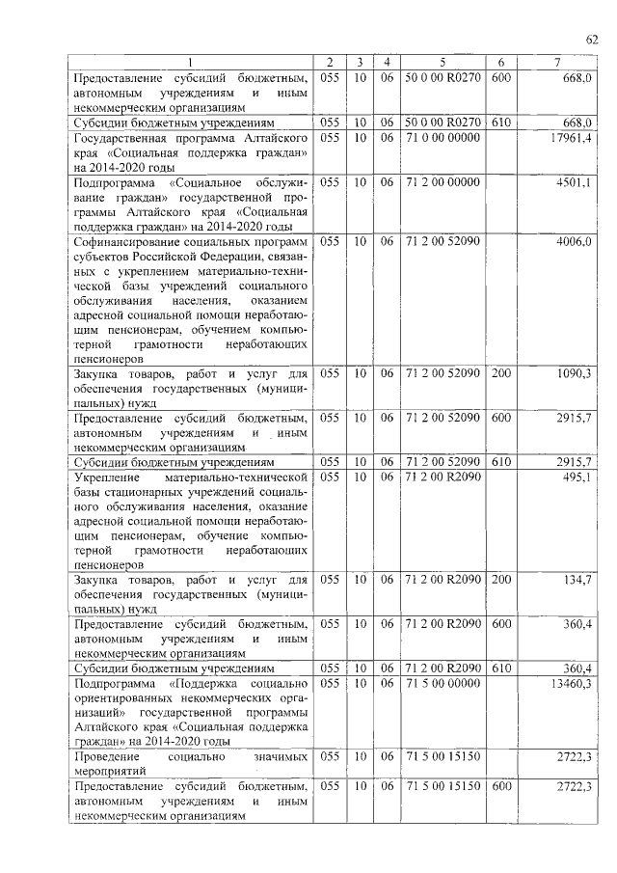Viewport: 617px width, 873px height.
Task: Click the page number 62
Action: click(x=591, y=39)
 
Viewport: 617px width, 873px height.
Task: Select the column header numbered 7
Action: click(x=556, y=64)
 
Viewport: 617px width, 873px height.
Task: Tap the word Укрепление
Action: click(x=106, y=477)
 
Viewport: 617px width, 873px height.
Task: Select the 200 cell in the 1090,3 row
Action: click(x=500, y=372)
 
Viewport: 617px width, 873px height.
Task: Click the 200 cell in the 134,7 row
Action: click(x=500, y=580)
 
